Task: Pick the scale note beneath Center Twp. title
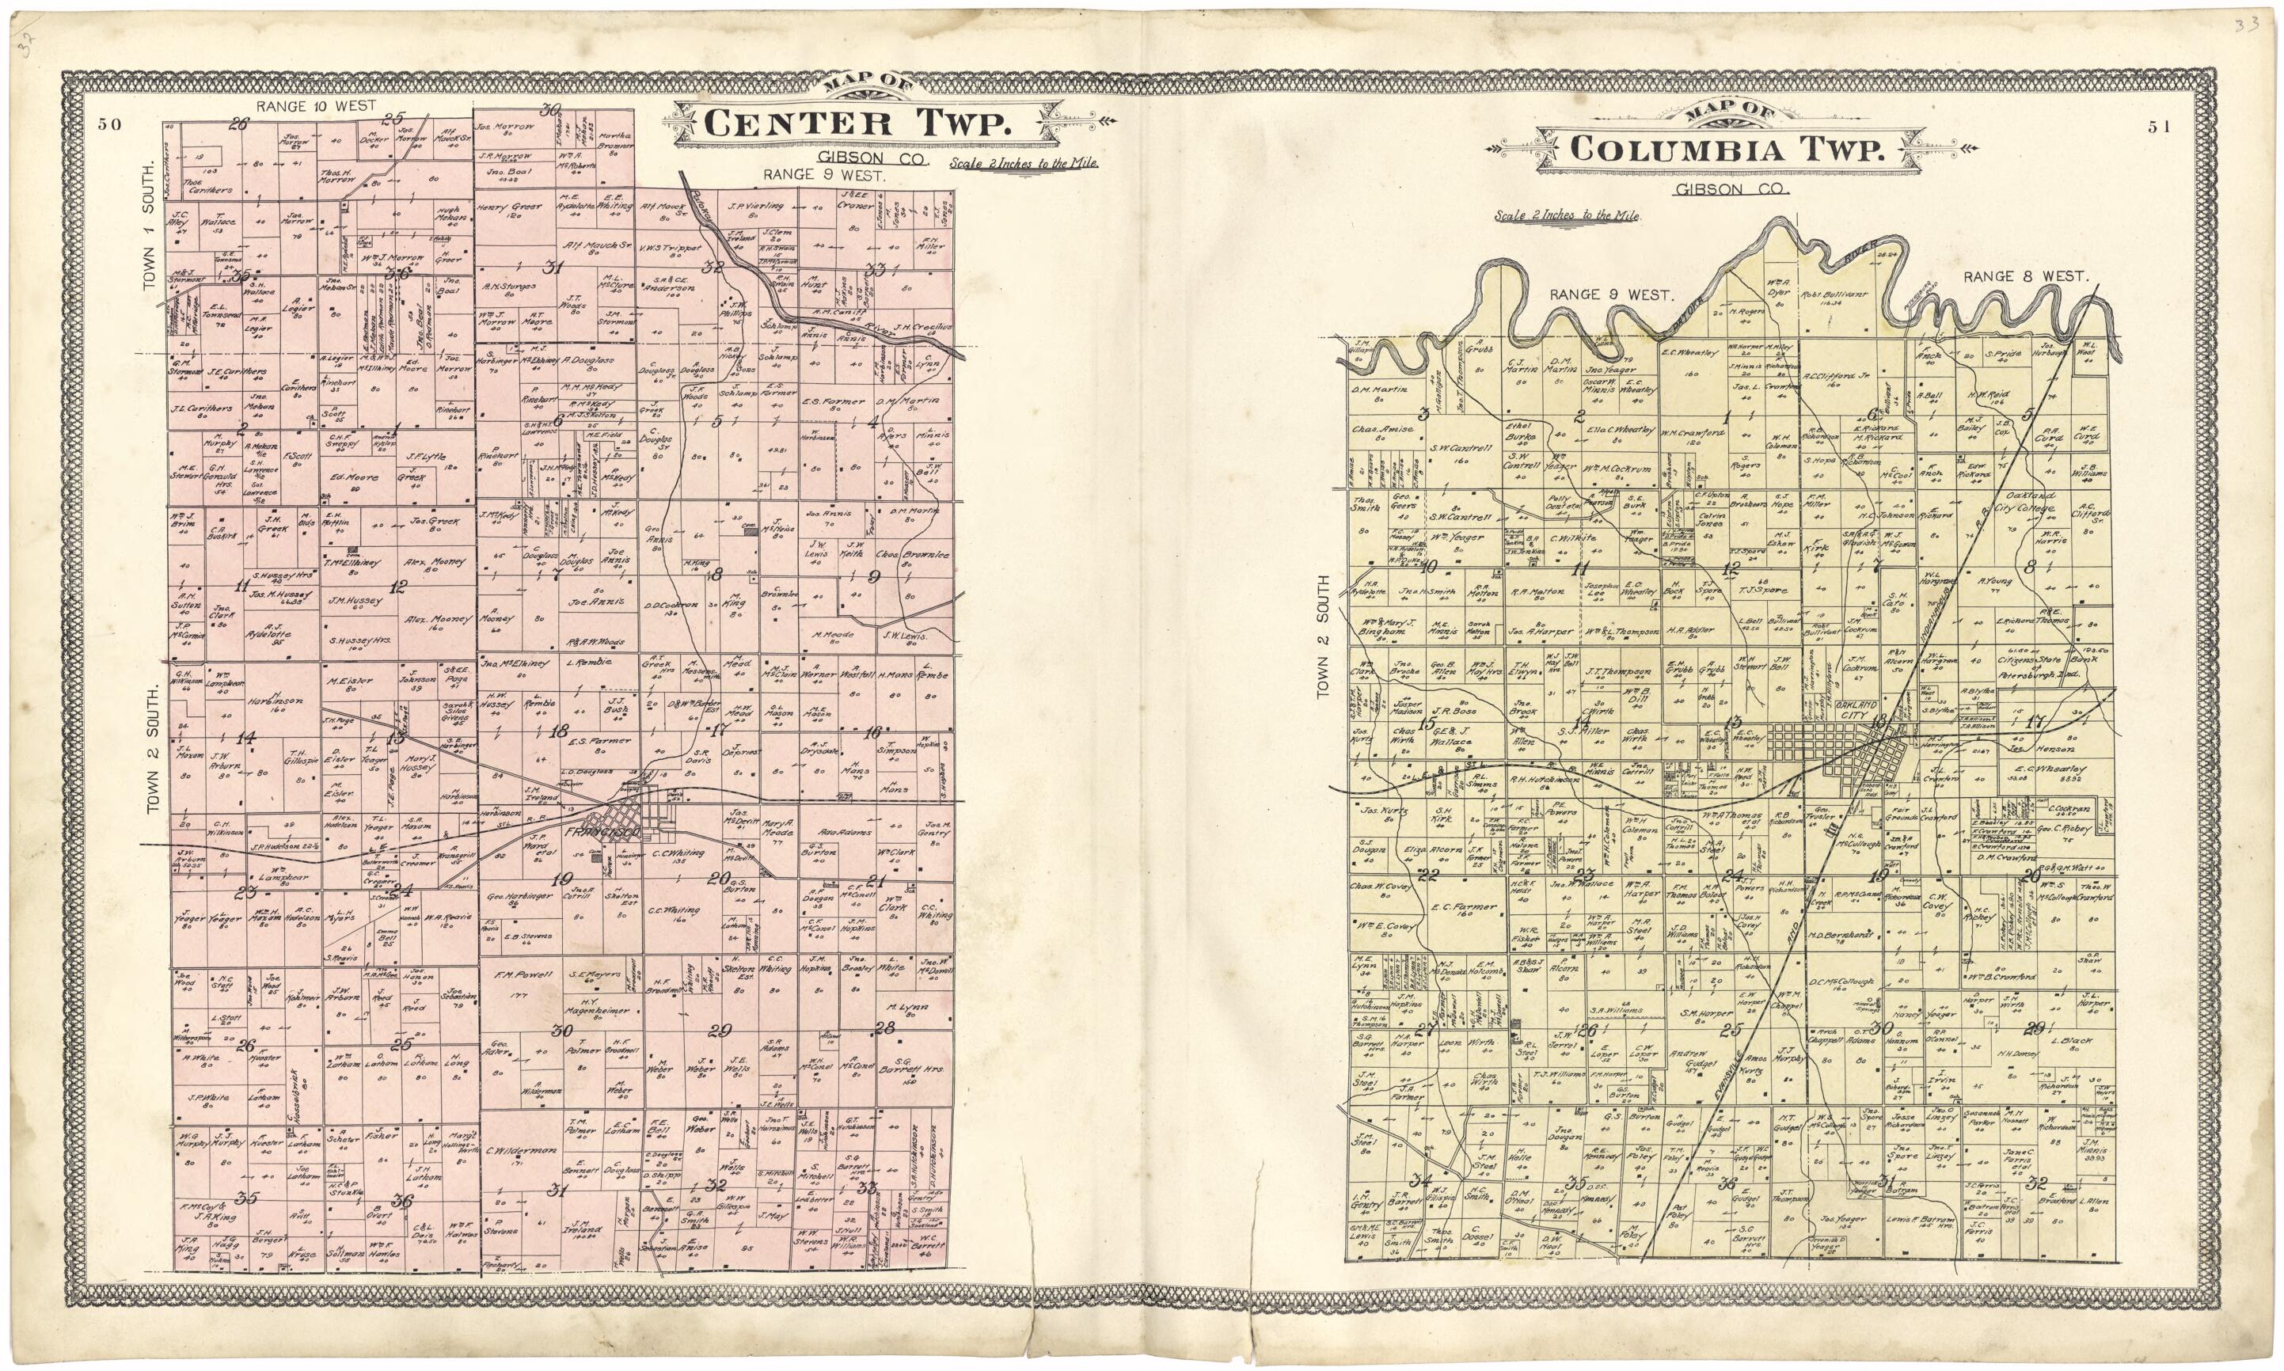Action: [1022, 161]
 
